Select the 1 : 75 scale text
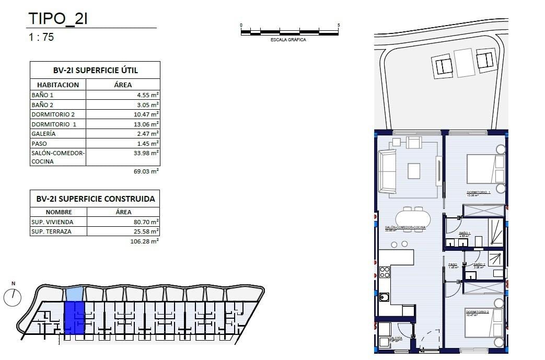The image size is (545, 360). point(41,37)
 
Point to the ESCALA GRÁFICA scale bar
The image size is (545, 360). point(289,32)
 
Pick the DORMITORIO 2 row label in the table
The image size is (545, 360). point(53,114)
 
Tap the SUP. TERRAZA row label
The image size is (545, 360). point(51,231)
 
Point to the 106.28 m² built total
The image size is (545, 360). point(144,241)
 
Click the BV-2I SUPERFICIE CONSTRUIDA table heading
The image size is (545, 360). point(95,199)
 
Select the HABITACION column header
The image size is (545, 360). point(58,85)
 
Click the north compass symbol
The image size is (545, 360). point(13,297)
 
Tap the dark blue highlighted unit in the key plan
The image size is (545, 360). point(74,318)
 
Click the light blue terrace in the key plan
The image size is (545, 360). point(74,294)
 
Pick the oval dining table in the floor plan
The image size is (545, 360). point(413,217)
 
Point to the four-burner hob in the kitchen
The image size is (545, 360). point(384,272)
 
